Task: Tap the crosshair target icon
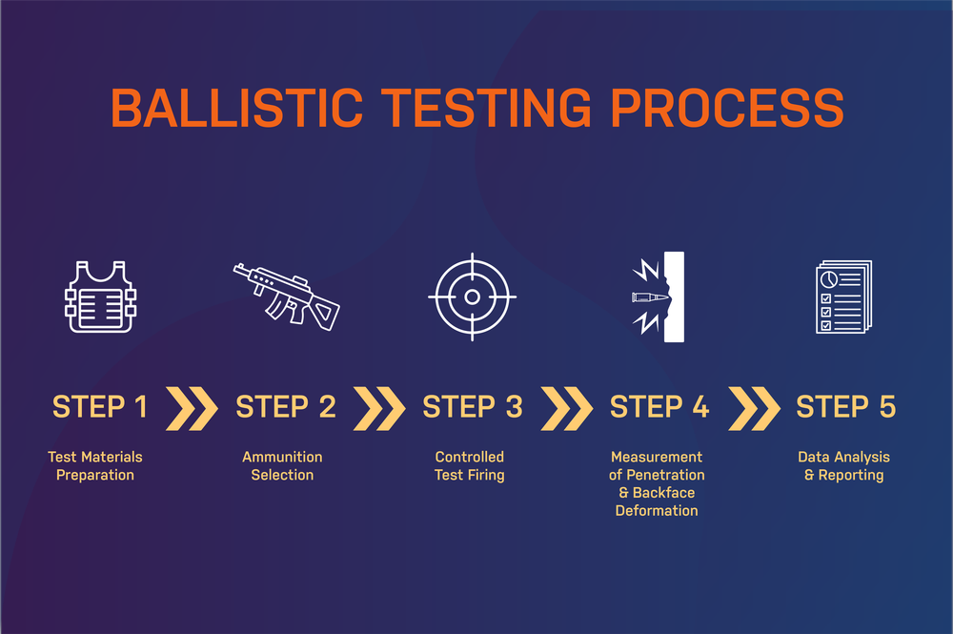tap(472, 297)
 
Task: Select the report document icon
tap(842, 297)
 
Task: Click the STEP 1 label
tap(100, 407)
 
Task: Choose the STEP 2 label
tap(286, 407)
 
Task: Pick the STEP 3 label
tap(473, 407)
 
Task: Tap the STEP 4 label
tap(659, 407)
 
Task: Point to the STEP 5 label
tap(846, 407)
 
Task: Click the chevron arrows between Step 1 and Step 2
tap(192, 408)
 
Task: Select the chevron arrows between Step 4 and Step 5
tap(752, 408)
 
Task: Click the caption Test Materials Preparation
tap(95, 466)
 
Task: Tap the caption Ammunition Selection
tap(282, 466)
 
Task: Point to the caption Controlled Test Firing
tap(470, 466)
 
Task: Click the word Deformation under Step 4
tap(657, 511)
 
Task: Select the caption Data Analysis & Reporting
tap(844, 466)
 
